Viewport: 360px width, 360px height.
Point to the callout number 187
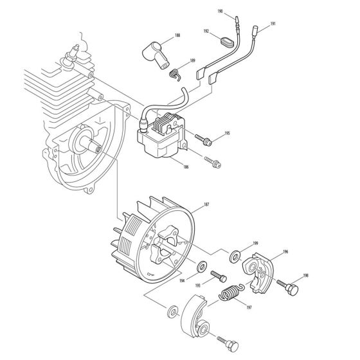pos(206,204)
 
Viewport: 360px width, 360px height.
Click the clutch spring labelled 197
pos(228,296)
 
